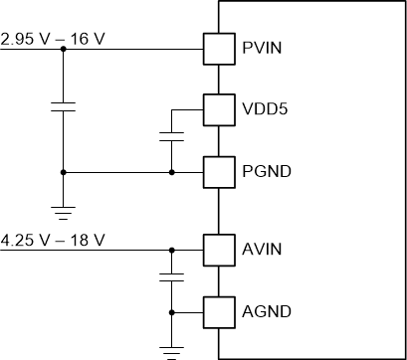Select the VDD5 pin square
click(218, 108)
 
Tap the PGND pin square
click(218, 171)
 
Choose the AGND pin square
click(218, 311)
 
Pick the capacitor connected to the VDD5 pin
click(171, 135)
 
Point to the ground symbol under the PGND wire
click(63, 210)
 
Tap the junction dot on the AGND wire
click(171, 311)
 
